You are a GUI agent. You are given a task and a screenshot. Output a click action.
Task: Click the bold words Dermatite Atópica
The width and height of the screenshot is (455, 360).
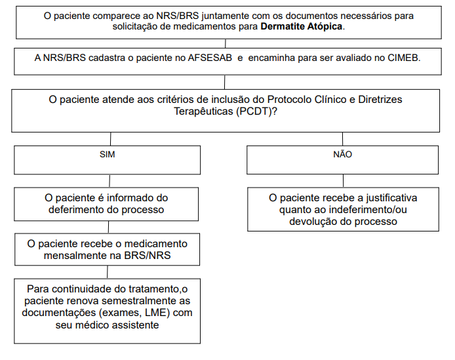pyautogui.click(x=302, y=28)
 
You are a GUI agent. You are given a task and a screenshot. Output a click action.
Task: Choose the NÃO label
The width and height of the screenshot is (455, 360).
pyautogui.click(x=343, y=155)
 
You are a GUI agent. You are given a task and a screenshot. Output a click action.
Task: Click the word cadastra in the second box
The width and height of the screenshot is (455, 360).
pyautogui.click(x=106, y=58)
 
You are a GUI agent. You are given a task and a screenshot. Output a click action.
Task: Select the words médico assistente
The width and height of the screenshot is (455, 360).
pyautogui.click(x=117, y=324)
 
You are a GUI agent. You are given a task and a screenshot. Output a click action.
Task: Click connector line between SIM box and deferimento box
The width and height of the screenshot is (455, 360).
pyautogui.click(x=108, y=182)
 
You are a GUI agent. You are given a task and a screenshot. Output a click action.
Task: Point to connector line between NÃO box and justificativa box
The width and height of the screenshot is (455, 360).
pyautogui.click(x=343, y=182)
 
